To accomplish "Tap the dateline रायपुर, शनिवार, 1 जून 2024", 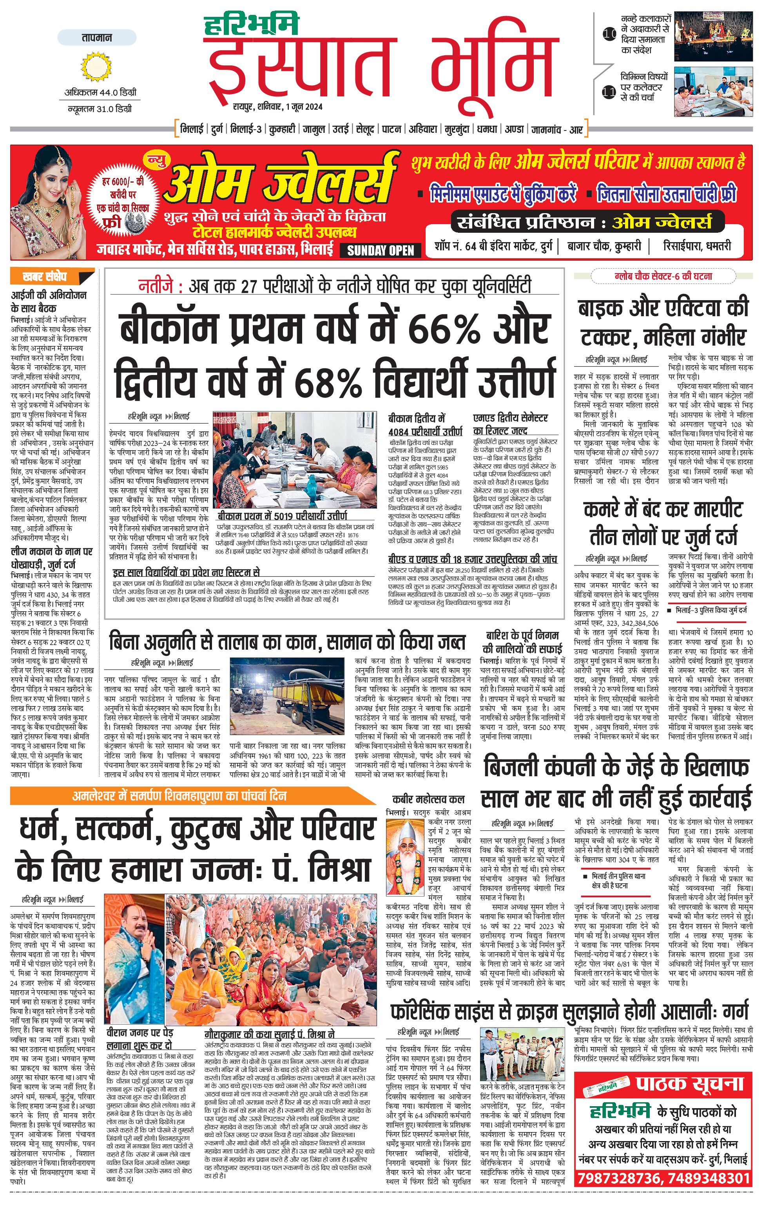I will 277,107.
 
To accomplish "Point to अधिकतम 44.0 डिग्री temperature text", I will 100,92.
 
